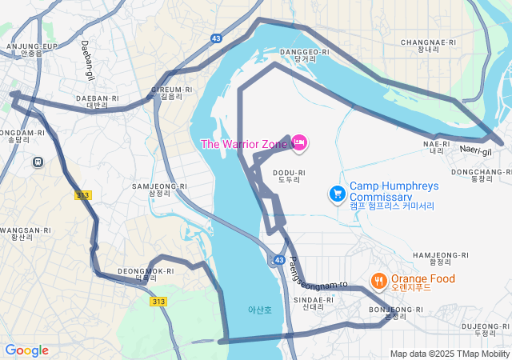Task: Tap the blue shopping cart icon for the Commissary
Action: (x=338, y=193)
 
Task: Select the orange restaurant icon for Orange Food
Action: (x=378, y=281)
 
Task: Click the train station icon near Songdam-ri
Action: (x=38, y=162)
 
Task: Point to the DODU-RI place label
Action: (x=290, y=177)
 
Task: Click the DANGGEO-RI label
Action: (x=305, y=55)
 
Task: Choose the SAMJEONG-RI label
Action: (x=158, y=190)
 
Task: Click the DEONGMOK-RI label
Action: (x=146, y=274)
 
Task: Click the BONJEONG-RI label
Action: (x=396, y=313)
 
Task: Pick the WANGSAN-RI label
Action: (x=22, y=234)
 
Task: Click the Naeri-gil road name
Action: (x=476, y=149)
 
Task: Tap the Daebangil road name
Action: (x=87, y=60)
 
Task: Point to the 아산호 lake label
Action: (x=259, y=310)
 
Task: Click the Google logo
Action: (x=26, y=350)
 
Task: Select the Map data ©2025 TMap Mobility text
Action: (x=450, y=354)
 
